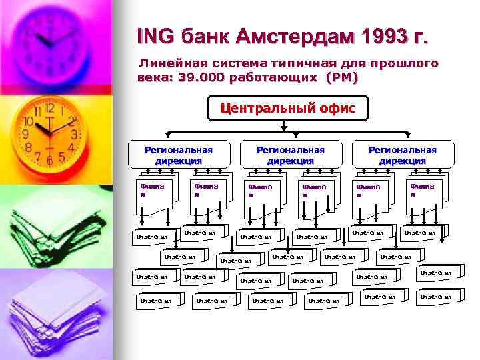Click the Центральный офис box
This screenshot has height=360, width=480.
(x=288, y=107)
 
